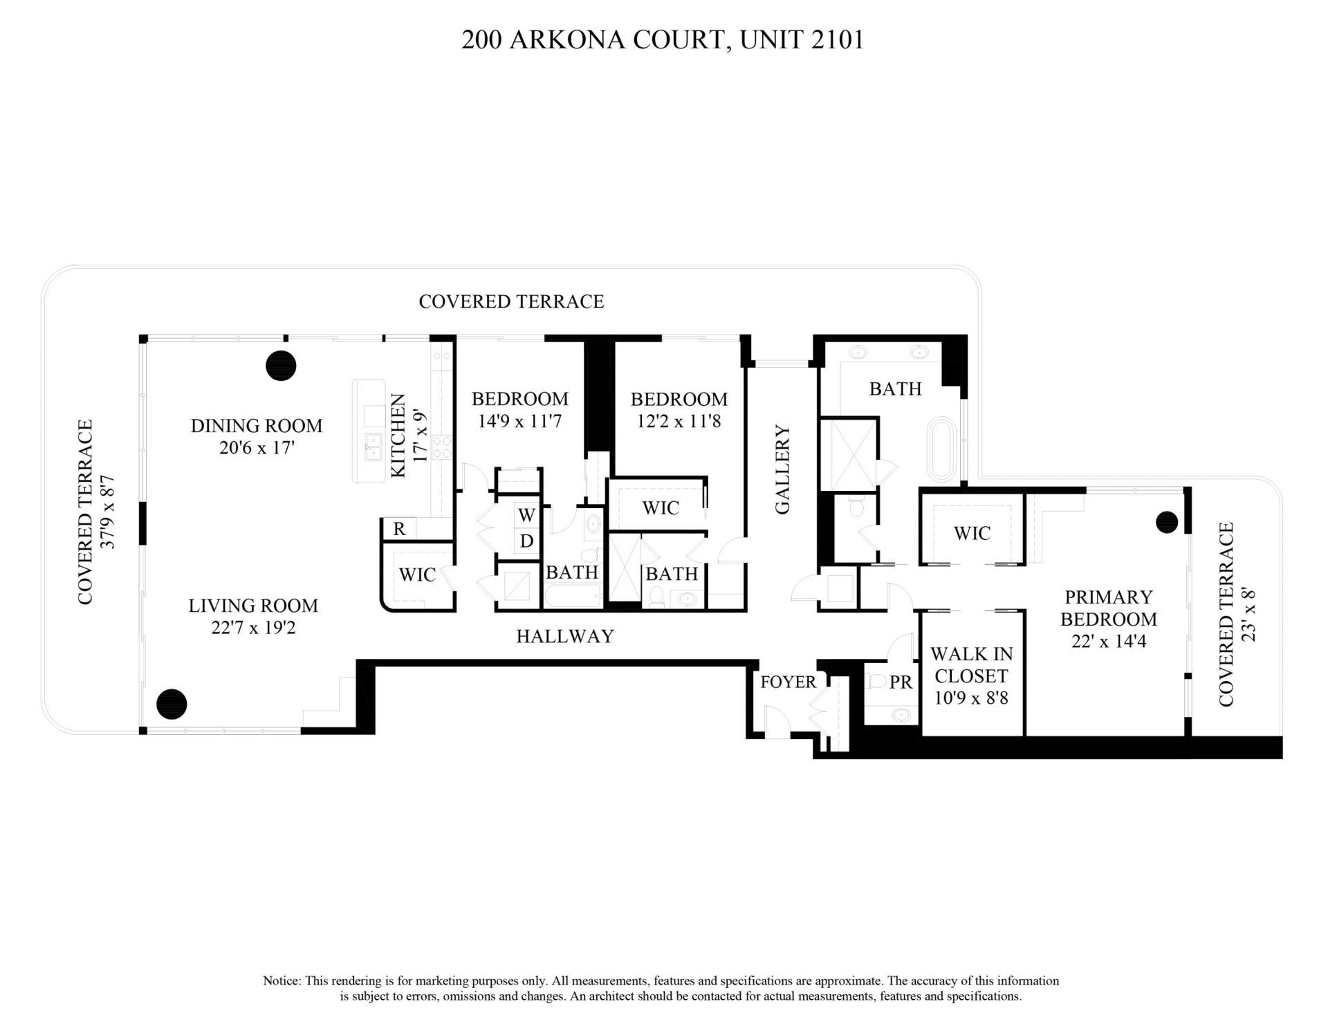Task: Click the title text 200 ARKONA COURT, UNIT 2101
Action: [663, 40]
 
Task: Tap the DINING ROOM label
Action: [257, 426]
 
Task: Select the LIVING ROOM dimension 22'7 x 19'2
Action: [253, 628]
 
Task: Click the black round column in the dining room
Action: [281, 365]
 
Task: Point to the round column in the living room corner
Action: [172, 704]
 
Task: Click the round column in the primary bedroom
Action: [1167, 522]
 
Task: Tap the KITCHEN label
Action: [398, 436]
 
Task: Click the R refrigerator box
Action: [399, 530]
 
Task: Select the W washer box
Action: [526, 515]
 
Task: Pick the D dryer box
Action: [526, 541]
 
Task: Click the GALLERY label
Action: [782, 469]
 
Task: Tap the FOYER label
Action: [788, 682]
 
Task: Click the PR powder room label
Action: [901, 683]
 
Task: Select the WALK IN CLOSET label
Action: [971, 665]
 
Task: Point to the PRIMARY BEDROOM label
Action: [1109, 608]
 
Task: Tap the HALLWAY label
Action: [565, 637]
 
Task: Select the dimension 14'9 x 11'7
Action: [519, 421]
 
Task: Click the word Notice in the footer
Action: [281, 981]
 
